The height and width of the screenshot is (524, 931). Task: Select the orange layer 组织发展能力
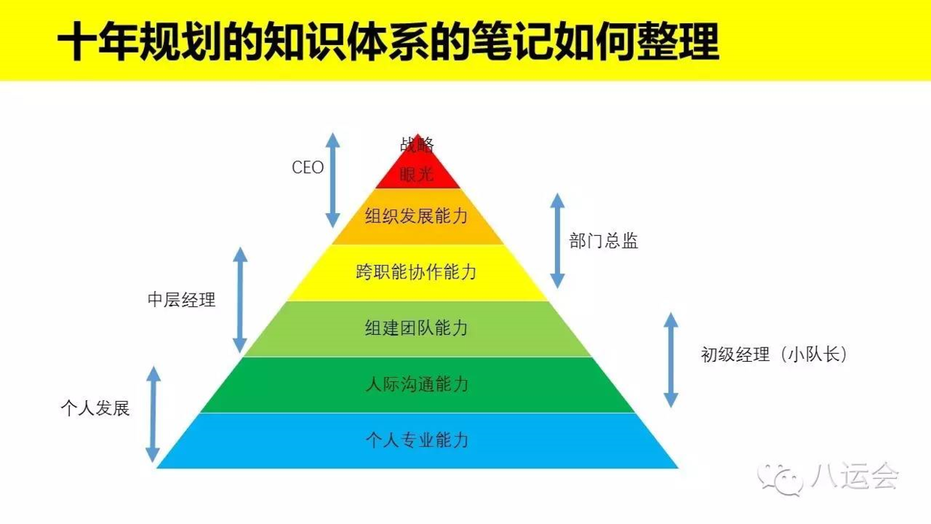pyautogui.click(x=417, y=216)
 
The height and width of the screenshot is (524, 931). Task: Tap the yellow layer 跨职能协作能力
pyautogui.click(x=417, y=272)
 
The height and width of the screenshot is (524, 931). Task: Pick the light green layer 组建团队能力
pyautogui.click(x=417, y=328)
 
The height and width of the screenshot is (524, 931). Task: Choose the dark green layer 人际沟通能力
pyautogui.click(x=417, y=384)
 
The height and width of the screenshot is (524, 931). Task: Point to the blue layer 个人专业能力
pyautogui.click(x=417, y=440)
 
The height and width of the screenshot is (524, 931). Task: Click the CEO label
pyautogui.click(x=308, y=167)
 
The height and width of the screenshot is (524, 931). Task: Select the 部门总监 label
pyautogui.click(x=604, y=242)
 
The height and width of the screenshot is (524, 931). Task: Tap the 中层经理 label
pyautogui.click(x=181, y=300)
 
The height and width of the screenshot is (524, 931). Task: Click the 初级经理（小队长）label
pyautogui.click(x=774, y=354)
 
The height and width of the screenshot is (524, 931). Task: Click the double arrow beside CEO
pyautogui.click(x=333, y=180)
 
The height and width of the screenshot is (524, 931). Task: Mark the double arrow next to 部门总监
pyautogui.click(x=557, y=240)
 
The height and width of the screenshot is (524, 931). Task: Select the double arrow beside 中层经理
pyautogui.click(x=240, y=300)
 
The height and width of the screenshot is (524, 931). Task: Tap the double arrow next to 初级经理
pyautogui.click(x=671, y=360)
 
